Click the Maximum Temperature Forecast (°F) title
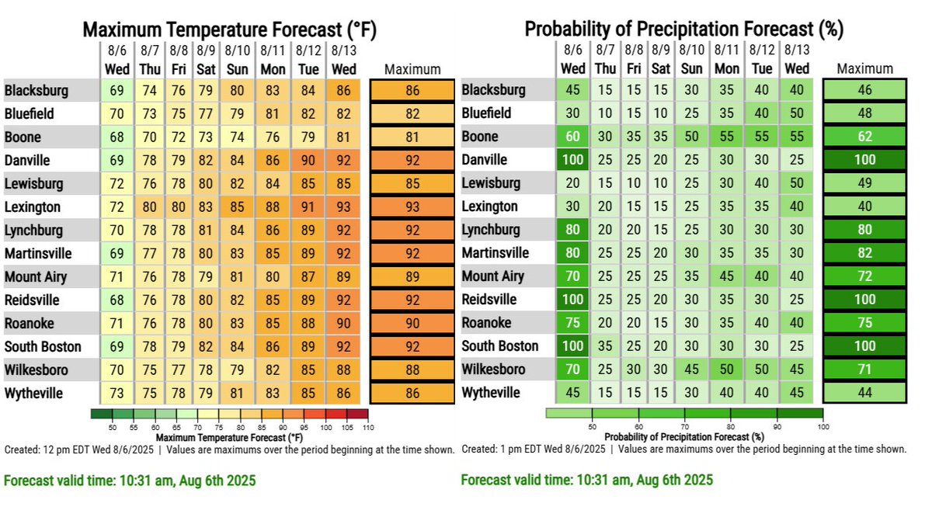229,29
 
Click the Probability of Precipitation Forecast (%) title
683,29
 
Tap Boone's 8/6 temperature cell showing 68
117,137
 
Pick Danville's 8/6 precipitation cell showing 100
573,160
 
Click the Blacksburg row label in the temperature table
37,91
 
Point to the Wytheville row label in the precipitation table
491,393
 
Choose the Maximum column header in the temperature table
412,69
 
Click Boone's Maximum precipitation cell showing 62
864,137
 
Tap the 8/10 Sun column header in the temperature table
237,60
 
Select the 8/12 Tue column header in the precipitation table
762,60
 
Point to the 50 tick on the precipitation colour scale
592,427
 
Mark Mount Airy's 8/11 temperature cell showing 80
273,277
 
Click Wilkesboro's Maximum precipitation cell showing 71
864,370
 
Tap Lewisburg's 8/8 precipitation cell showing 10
635,183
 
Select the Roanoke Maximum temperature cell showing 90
412,323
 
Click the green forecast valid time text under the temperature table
130,481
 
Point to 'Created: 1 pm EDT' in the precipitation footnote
505,449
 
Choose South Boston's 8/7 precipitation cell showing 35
605,346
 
